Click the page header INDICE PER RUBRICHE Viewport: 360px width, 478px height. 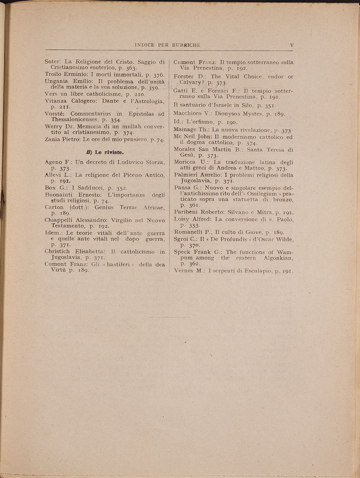[x=167, y=45]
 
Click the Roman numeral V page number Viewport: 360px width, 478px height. [x=291, y=45]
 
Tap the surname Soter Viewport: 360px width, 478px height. [x=53, y=62]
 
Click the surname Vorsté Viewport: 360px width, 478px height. [x=54, y=114]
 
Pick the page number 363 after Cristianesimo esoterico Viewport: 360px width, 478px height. [x=131, y=68]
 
